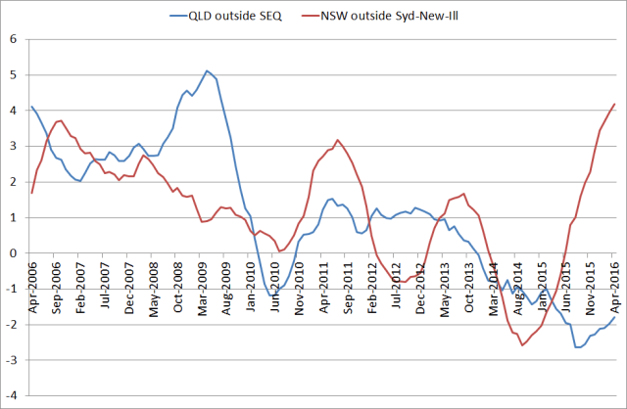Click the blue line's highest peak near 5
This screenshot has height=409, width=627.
pos(207,70)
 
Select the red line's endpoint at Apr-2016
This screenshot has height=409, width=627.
pos(615,104)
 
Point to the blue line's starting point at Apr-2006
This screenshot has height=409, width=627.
pos(31,107)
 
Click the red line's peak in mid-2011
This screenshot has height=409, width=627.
pos(337,140)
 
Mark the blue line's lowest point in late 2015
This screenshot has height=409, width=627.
pos(577,347)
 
